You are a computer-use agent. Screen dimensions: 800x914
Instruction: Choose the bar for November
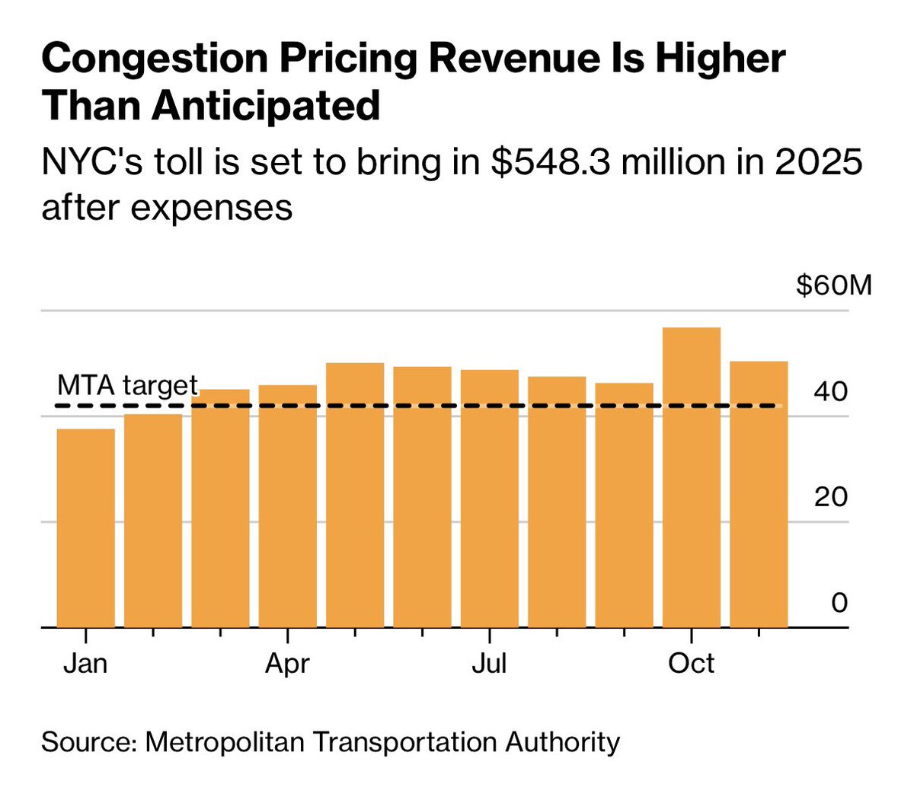(759, 494)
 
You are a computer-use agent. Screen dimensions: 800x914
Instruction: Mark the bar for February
(153, 521)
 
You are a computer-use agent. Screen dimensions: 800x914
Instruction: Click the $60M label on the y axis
(833, 286)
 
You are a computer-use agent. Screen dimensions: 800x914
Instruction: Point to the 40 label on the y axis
(830, 392)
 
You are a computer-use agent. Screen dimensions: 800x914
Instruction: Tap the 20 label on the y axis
(830, 497)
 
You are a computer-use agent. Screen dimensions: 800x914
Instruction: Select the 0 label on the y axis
(839, 603)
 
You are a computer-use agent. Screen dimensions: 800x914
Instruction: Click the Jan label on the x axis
(85, 664)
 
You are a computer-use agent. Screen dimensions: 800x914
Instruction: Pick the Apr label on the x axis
(287, 664)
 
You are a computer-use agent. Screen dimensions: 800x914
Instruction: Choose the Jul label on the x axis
(489, 664)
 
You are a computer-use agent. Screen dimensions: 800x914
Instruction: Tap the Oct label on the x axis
(692, 664)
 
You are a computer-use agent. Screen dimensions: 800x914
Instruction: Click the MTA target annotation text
(127, 385)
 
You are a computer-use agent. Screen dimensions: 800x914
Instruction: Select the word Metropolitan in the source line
(225, 741)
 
